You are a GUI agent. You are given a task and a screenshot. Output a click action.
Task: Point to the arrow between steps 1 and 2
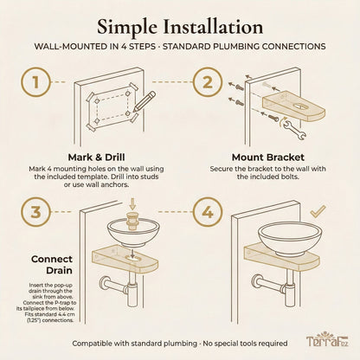(174, 84)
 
